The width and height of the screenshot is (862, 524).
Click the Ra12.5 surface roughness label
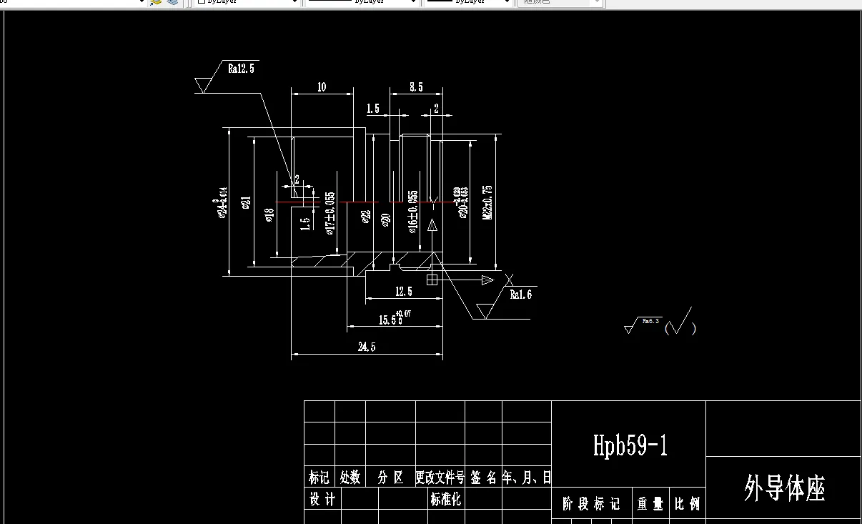pos(241,69)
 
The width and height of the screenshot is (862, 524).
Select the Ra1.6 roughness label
pos(520,294)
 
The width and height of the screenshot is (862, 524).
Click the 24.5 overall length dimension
pos(367,347)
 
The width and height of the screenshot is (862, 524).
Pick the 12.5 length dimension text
pos(404,292)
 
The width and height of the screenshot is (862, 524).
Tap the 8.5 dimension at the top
pos(416,87)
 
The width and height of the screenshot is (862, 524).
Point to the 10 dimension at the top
pos(322,87)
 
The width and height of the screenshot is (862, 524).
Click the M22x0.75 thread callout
pos(487,202)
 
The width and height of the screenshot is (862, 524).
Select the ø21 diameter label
pos(246,203)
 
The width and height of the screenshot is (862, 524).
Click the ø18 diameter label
pos(269,215)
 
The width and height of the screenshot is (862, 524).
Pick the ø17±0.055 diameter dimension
pos(330,212)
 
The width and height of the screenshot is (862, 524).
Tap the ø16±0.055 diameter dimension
pos(413,212)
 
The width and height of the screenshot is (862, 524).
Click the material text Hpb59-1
pos(630,445)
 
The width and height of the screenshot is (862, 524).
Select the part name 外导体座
pos(784,490)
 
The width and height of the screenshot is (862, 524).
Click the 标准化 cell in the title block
pos(445,500)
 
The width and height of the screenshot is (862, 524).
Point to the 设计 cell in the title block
pos(322,499)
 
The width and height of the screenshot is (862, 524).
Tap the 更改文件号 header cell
pos(440,478)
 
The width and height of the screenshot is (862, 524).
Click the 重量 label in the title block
pos(650,504)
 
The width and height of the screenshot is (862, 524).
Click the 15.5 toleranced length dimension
pos(392,320)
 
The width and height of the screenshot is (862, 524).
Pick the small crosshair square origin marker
pos(432,280)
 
